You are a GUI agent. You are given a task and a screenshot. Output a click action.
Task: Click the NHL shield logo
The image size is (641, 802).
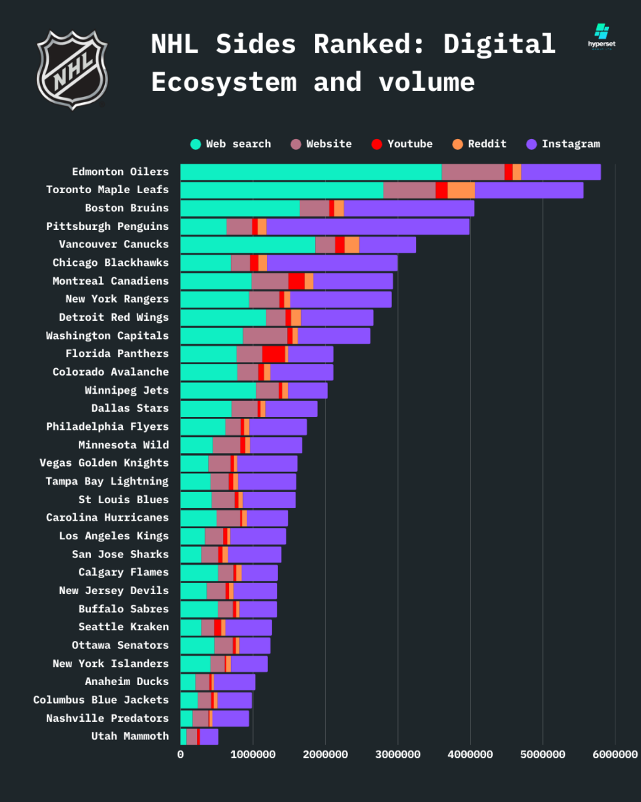[71, 70]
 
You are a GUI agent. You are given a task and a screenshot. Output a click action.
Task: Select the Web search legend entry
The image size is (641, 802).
[230, 144]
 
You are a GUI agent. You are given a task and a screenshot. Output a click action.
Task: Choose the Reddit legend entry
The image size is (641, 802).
[479, 144]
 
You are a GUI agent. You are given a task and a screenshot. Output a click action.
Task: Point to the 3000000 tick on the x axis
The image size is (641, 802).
[398, 755]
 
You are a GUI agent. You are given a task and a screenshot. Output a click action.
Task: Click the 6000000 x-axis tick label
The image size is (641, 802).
[615, 755]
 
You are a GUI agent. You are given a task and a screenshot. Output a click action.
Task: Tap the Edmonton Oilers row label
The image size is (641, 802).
[120, 172]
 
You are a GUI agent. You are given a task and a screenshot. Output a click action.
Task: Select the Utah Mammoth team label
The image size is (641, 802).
[130, 736]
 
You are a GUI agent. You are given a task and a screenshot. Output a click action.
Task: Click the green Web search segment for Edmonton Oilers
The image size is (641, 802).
[310, 172]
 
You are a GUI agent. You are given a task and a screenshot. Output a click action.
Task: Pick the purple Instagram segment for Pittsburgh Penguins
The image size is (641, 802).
[367, 227]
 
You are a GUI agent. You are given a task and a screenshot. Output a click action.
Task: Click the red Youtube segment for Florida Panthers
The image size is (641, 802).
[273, 354]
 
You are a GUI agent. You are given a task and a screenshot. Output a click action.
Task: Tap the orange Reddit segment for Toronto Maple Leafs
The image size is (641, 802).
[461, 190]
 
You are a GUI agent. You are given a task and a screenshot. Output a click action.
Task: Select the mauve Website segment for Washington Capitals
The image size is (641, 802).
[265, 336]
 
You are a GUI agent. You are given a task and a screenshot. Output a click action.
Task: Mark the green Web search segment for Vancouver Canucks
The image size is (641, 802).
[247, 245]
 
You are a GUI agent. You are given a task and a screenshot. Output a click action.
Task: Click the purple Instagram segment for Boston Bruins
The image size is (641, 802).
[409, 208]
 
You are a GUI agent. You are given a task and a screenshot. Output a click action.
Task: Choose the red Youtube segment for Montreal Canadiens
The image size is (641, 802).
[296, 281]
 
